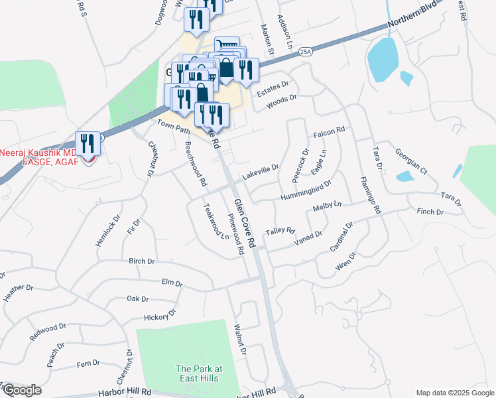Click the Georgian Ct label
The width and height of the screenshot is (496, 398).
[411, 161]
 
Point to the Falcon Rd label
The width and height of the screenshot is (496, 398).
[330, 133]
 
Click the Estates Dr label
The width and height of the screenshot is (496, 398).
[273, 88]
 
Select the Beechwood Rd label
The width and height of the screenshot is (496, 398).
[196, 163]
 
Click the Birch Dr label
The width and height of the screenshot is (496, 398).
[141, 261]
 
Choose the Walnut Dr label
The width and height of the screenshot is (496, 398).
[240, 340]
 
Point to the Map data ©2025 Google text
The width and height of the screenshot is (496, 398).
[454, 393]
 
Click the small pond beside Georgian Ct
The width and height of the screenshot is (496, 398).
[404, 176]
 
